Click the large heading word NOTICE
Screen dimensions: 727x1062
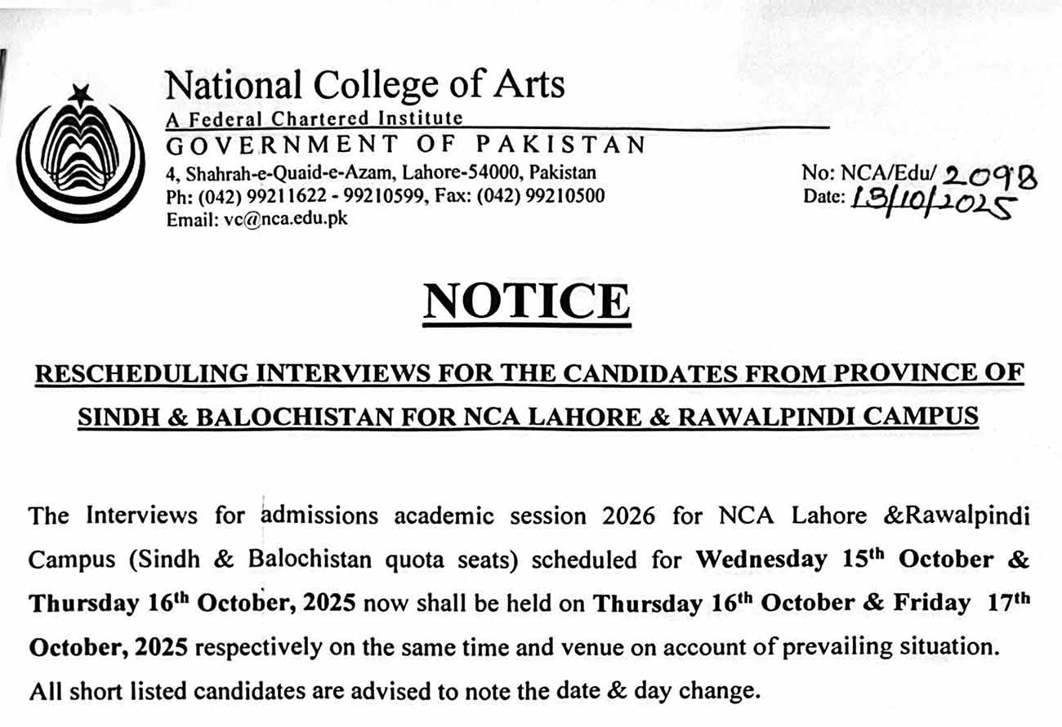(527, 301)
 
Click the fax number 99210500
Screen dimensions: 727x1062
(567, 196)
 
